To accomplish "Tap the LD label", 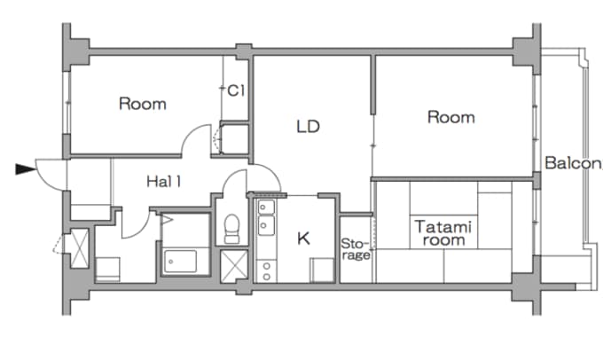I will click(307, 127).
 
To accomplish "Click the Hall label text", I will click(164, 182).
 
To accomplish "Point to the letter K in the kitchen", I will click(302, 238).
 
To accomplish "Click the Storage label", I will click(356, 249).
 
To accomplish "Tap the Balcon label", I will click(573, 163).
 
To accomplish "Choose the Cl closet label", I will click(236, 90).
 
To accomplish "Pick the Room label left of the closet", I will click(142, 104).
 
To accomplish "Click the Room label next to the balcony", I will click(450, 117).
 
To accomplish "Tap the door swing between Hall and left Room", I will click(197, 142).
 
